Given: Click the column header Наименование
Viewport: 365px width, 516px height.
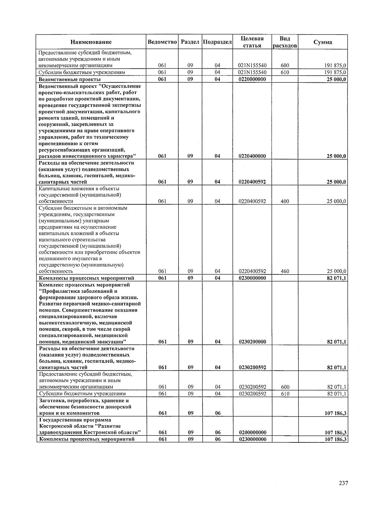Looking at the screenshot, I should click(x=91, y=42).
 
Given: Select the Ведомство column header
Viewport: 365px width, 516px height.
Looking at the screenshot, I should click(x=162, y=42).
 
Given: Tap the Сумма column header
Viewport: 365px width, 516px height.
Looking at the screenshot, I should click(x=323, y=42).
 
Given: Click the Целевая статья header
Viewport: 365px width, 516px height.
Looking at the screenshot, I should click(x=252, y=42).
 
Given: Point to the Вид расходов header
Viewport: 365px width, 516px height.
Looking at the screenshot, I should click(x=285, y=42).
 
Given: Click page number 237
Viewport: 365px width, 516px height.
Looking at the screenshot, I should click(x=343, y=483).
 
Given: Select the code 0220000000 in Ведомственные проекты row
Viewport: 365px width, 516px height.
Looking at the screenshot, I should click(x=252, y=79).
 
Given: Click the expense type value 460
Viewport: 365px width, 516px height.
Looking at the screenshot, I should click(x=285, y=271).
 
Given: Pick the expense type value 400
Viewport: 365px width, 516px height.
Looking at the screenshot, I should click(x=285, y=201).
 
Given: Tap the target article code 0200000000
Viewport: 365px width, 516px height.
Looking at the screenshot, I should click(x=252, y=432).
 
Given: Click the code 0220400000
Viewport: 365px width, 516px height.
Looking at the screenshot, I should click(x=252, y=156).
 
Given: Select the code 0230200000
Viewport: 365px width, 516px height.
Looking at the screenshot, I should click(x=252, y=342).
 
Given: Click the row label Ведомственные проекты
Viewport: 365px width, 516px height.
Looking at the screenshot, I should click(x=65, y=79).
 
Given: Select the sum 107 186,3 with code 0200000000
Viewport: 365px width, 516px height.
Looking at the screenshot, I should click(x=336, y=433).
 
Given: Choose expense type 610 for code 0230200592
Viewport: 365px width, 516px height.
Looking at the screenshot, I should click(x=285, y=394).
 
